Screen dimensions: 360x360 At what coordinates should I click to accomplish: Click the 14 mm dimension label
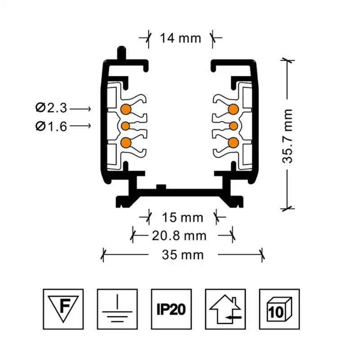[x=180, y=38]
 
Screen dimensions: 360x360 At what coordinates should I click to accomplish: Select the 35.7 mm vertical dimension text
[x=288, y=136]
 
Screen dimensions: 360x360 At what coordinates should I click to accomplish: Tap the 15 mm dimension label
[x=183, y=217]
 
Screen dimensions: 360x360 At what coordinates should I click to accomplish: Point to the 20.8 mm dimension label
[x=179, y=236]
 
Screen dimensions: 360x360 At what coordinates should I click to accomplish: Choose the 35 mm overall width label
[x=183, y=255]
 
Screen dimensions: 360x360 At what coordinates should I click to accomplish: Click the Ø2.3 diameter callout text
[x=51, y=108]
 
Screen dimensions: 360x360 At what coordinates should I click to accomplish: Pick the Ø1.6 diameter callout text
[x=51, y=126]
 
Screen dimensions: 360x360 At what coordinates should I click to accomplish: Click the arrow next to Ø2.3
[x=81, y=108]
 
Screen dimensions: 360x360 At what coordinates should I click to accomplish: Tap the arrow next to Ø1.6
[x=81, y=126]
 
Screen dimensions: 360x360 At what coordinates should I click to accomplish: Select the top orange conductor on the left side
[x=126, y=109]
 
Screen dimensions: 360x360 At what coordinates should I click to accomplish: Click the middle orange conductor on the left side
[x=126, y=126]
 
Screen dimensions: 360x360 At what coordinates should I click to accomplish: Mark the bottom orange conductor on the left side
[x=126, y=143]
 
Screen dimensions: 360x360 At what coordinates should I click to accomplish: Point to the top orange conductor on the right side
[x=233, y=109]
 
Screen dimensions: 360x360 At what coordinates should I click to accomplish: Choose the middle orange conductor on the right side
[x=234, y=126]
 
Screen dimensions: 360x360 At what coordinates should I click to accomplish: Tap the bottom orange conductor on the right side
[x=233, y=143]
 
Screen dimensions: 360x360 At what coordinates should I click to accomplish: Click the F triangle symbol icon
[x=63, y=309]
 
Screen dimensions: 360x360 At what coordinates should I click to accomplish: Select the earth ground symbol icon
[x=117, y=309]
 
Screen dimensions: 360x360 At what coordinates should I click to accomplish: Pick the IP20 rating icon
[x=171, y=309]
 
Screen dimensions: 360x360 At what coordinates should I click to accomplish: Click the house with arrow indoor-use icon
[x=225, y=309]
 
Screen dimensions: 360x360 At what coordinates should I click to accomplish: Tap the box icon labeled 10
[x=279, y=309]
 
